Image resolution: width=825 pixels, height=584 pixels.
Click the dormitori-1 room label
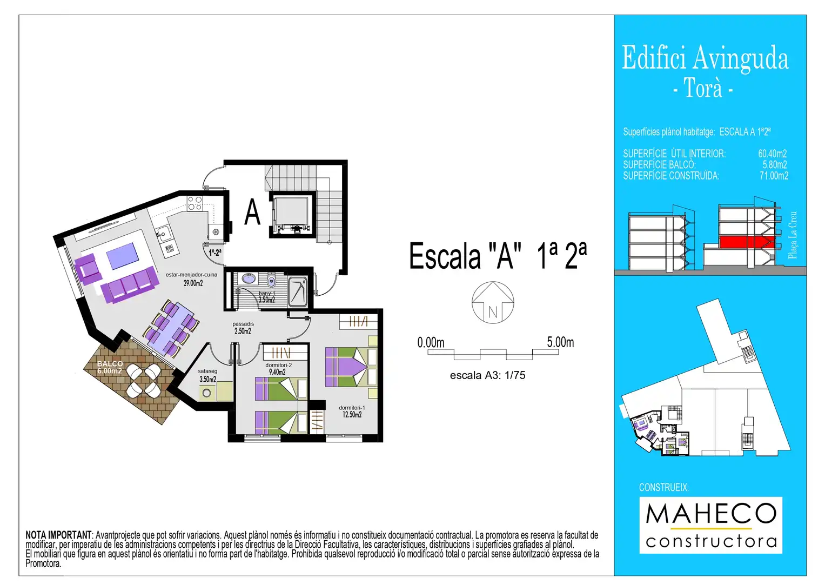point(351,407)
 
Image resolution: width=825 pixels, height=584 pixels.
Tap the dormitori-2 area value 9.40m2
point(277,372)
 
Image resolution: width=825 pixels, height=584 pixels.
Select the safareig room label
point(207,371)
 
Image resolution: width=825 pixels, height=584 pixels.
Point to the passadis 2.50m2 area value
point(243,331)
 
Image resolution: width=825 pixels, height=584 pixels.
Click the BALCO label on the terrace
point(110,364)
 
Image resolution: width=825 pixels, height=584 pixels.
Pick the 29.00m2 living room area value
point(193,283)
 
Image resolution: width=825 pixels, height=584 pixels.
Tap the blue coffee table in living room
point(123,255)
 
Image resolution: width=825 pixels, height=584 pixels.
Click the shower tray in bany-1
point(298,292)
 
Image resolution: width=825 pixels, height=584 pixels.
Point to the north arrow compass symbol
point(492,303)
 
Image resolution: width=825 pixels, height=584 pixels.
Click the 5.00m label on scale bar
point(560,342)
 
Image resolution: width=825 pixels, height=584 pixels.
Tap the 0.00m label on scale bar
point(431,342)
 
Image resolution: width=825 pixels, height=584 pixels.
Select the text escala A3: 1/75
point(488,375)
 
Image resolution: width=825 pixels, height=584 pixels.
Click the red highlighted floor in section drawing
point(747,242)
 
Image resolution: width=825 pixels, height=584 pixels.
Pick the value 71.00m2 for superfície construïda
point(774,176)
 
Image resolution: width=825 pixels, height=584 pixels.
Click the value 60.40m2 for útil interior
point(773,154)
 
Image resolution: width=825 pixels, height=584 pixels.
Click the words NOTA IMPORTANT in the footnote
point(58,535)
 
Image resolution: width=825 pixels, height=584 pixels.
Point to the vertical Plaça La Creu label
point(793,235)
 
